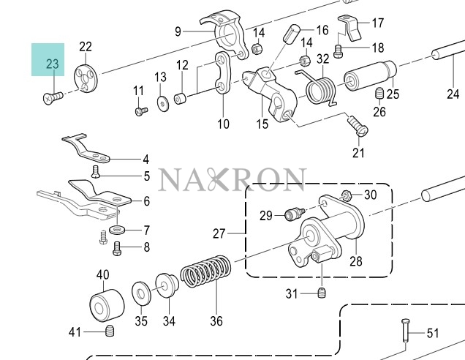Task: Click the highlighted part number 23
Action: click(x=52, y=64)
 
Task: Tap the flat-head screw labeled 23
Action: click(x=53, y=97)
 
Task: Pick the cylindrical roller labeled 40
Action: click(x=107, y=305)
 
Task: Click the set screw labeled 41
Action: click(x=110, y=331)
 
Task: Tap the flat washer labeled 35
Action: click(x=141, y=293)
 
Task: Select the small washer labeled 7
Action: click(x=117, y=230)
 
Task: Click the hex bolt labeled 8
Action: click(x=117, y=249)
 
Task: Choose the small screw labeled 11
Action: click(x=141, y=112)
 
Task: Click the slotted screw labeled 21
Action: click(x=358, y=126)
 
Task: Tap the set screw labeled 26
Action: click(x=379, y=94)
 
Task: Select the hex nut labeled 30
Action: click(x=346, y=195)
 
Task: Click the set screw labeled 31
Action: click(x=322, y=293)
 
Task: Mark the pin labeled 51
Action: click(x=405, y=330)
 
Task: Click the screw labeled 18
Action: click(x=338, y=50)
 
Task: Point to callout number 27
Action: click(x=219, y=233)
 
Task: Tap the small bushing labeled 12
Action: click(x=180, y=99)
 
